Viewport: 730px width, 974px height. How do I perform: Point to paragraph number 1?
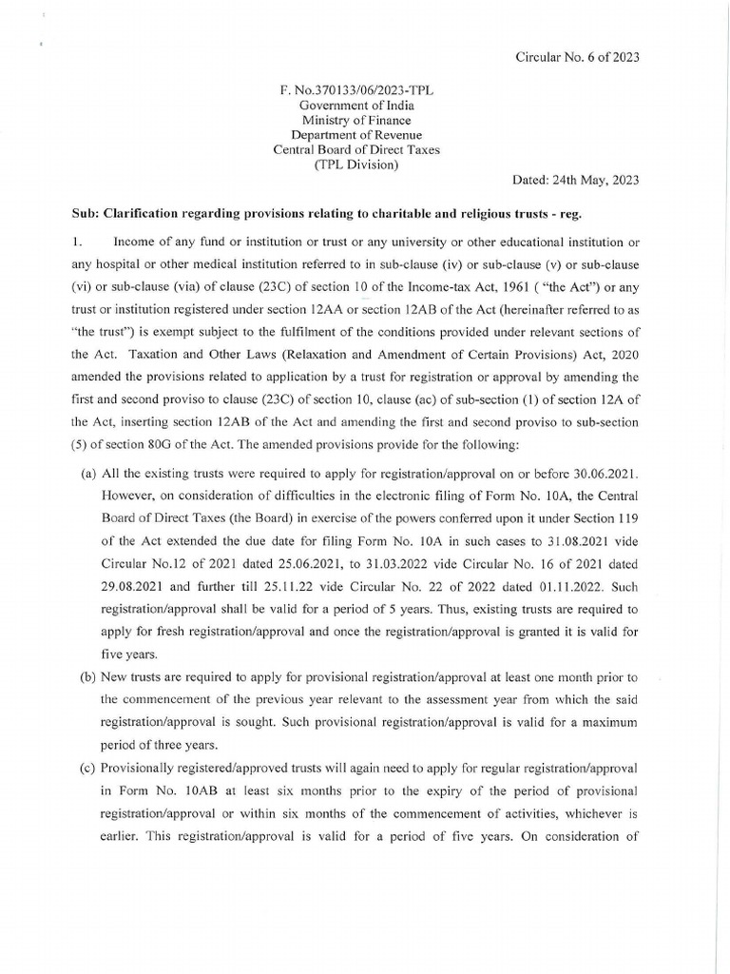77,243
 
